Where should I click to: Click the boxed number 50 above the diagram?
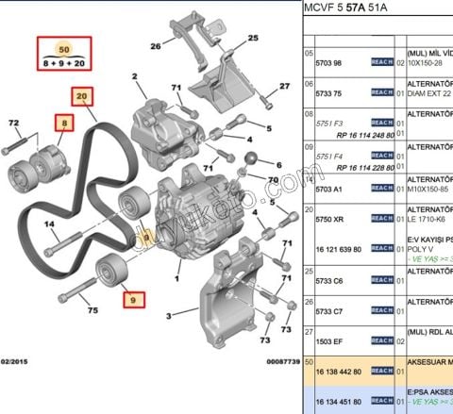click(63, 47)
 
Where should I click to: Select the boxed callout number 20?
click(82, 95)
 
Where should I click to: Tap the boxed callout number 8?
click(63, 123)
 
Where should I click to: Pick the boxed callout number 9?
click(133, 301)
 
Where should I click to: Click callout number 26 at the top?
click(155, 43)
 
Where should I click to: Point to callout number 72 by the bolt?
click(13, 124)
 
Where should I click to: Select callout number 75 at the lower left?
click(92, 309)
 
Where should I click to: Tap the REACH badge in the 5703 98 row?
click(381, 62)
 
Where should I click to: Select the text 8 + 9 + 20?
click(63, 63)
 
